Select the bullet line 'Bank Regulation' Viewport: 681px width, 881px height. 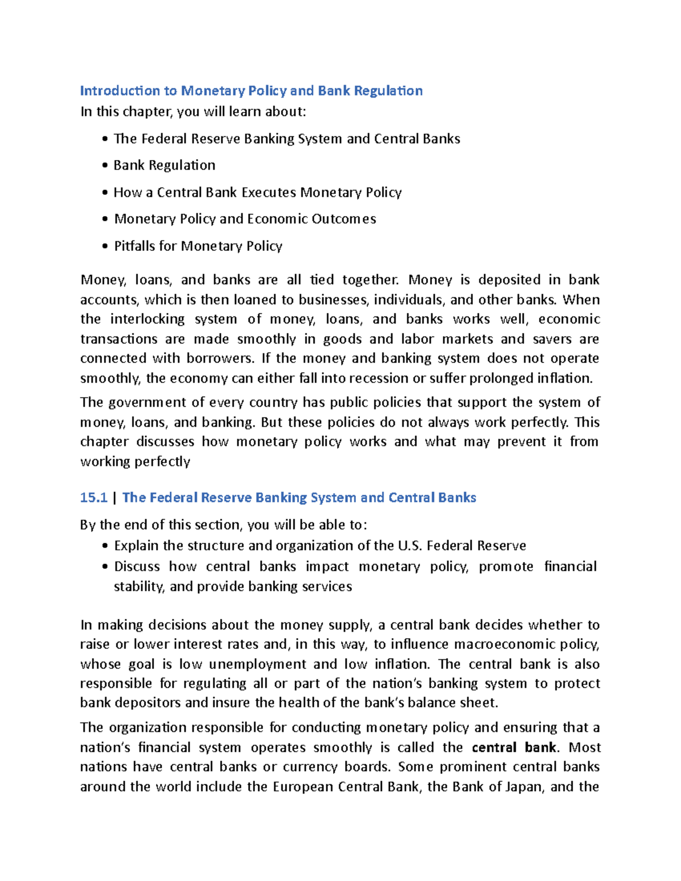click(x=164, y=165)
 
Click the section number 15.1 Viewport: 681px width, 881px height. click(x=94, y=498)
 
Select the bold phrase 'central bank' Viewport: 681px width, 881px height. click(x=514, y=747)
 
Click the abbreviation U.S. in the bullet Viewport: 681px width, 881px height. click(x=410, y=546)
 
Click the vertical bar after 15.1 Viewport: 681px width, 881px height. click(x=115, y=498)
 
